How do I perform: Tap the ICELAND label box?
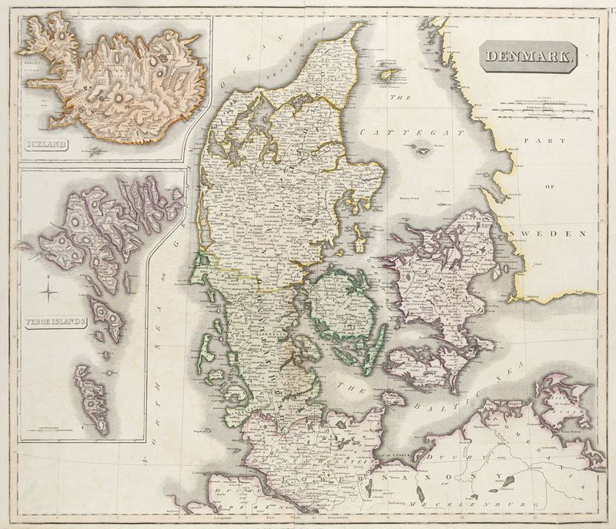pos(45,143)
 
